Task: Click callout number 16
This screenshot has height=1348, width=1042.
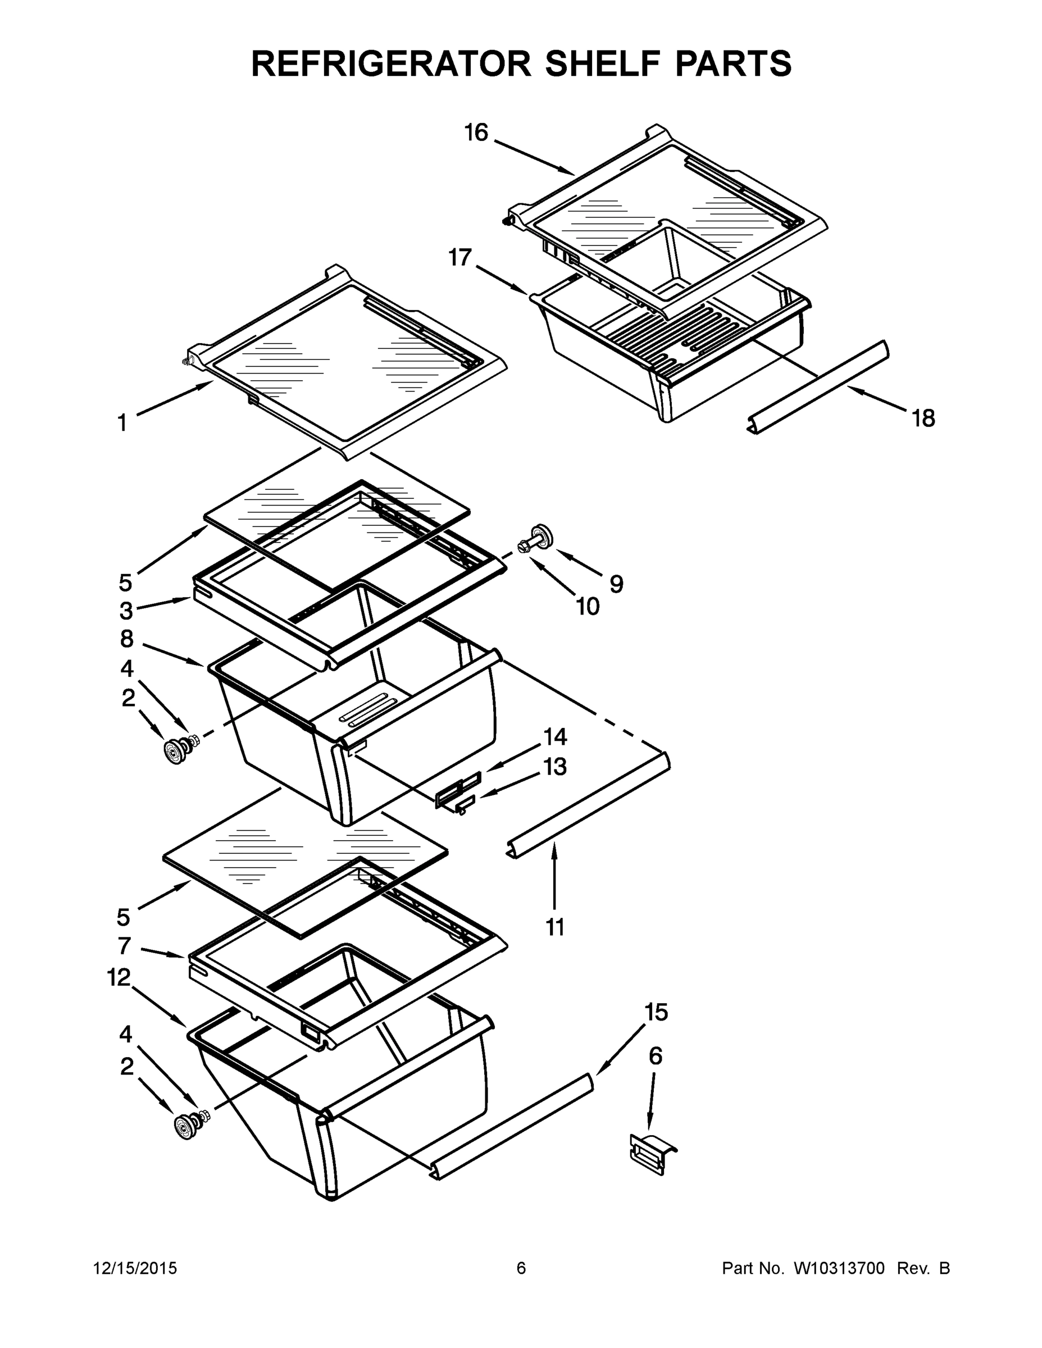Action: pos(476,133)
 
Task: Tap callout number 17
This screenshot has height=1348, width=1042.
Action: pos(460,257)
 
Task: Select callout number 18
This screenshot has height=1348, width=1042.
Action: pos(923,418)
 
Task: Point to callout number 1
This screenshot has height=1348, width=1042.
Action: pos(122,423)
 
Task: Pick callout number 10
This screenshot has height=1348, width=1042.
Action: pos(588,607)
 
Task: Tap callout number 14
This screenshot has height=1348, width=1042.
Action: pos(555,736)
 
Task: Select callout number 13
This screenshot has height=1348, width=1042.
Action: pos(555,767)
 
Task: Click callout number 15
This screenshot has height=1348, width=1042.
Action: pos(656,1012)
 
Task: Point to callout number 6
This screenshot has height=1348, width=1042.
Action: pos(656,1056)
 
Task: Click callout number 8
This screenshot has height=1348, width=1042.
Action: pos(126,639)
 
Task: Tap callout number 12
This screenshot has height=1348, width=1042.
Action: pos(119,977)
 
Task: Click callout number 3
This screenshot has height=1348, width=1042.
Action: pos(126,611)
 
